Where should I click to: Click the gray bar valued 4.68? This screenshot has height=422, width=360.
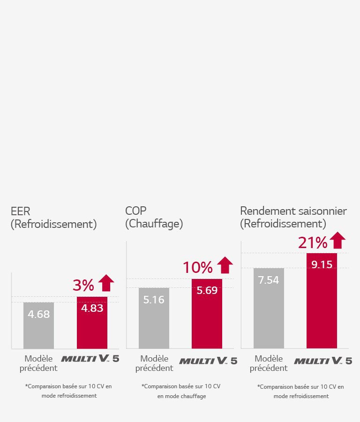(x=38, y=325)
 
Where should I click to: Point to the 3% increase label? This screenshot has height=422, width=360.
(x=83, y=285)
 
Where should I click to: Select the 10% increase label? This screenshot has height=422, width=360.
(x=197, y=267)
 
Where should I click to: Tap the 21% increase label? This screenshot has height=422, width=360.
(x=312, y=243)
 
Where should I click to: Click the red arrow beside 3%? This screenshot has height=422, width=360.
(x=107, y=283)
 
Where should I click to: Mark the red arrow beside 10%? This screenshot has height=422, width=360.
(x=225, y=265)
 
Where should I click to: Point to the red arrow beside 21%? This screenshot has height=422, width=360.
(x=337, y=241)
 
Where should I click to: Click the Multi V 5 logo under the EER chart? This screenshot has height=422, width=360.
(x=90, y=359)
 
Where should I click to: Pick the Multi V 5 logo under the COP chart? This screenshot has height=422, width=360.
(x=208, y=361)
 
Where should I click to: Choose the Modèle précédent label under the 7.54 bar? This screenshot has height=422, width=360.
(x=269, y=363)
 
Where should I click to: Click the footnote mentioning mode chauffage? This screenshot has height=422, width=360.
(x=181, y=391)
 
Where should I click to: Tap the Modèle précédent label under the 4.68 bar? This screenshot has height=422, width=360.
(x=38, y=363)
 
